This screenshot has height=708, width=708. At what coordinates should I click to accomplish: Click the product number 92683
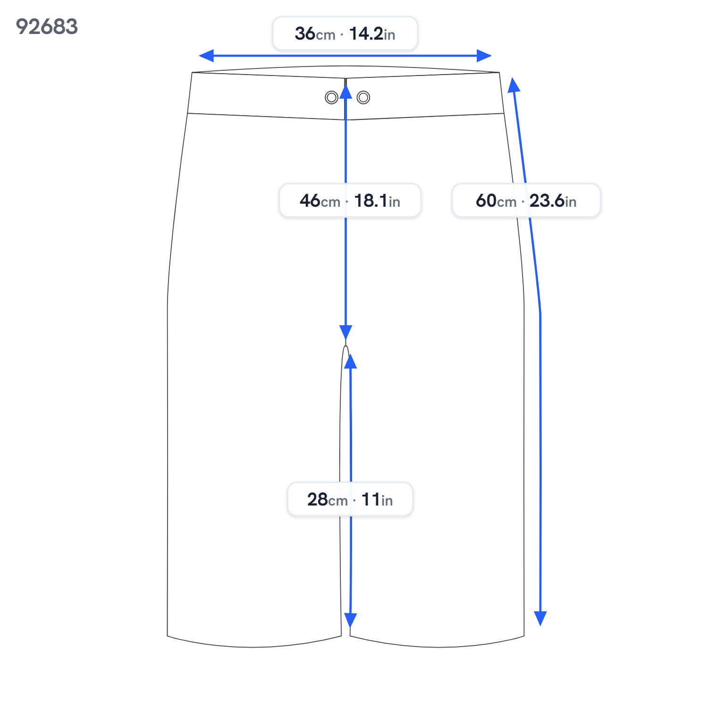[x=47, y=26]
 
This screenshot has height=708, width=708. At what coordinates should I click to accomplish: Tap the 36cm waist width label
[x=345, y=34]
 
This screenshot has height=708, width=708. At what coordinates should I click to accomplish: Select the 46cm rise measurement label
[x=350, y=201]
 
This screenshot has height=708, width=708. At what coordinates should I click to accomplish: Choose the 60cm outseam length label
[x=526, y=201]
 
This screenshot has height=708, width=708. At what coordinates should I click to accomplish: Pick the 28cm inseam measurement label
[x=350, y=499]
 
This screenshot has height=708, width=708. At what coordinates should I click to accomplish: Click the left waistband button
[x=331, y=98]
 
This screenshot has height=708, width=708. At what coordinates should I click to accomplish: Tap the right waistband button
[x=363, y=98]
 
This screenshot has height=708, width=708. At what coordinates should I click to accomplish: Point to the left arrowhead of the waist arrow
[x=206, y=56]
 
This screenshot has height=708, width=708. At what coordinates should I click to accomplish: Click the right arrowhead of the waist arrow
[x=484, y=56]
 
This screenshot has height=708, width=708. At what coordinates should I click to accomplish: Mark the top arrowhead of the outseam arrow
[x=514, y=84]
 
